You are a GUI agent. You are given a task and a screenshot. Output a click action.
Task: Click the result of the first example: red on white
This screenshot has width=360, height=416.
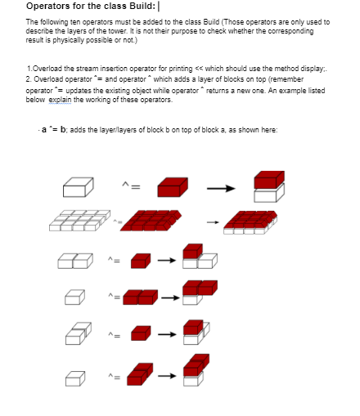tap(269, 185)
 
